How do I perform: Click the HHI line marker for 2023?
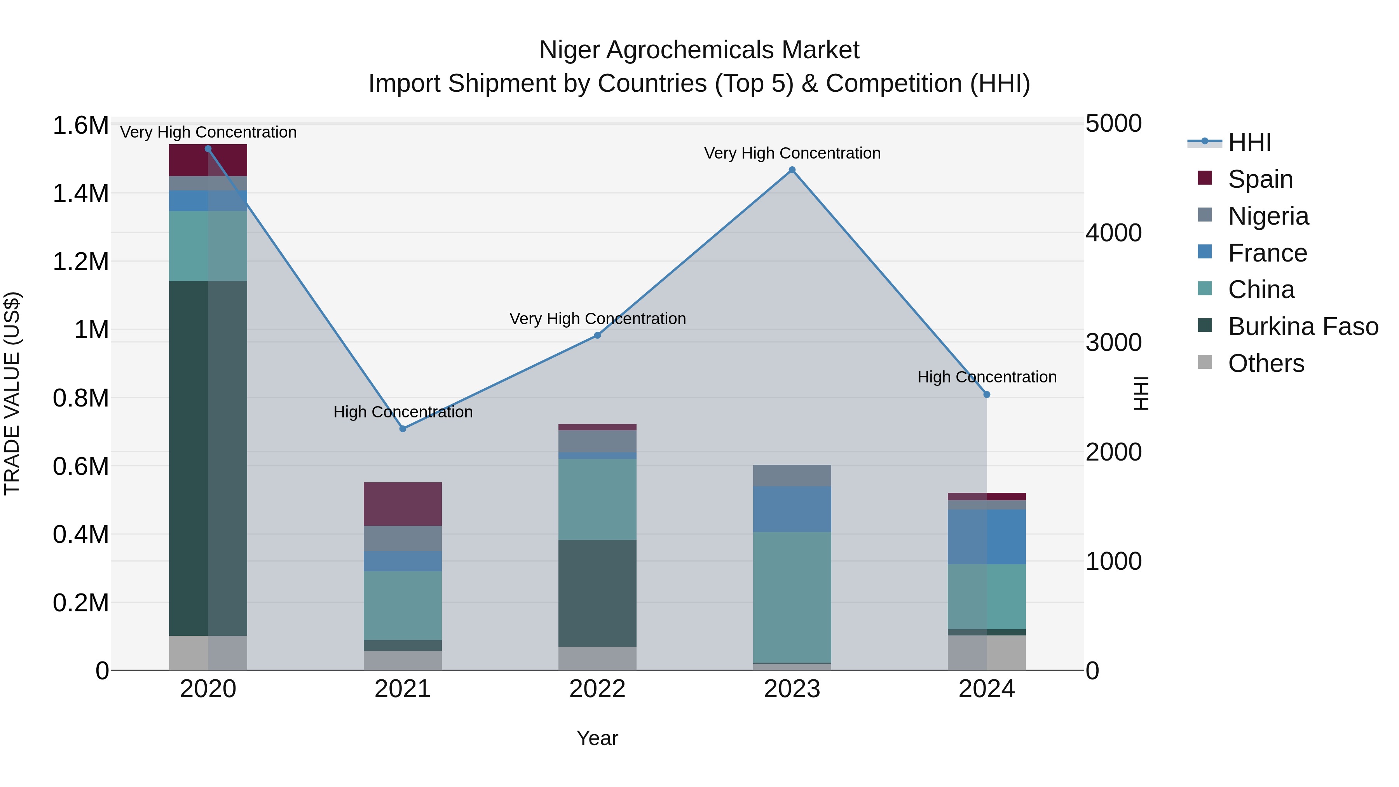click(792, 170)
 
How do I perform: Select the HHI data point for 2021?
click(403, 429)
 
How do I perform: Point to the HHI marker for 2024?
click(987, 394)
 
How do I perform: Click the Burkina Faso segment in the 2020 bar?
click(208, 458)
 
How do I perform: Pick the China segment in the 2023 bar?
click(792, 597)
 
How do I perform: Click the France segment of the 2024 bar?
click(987, 537)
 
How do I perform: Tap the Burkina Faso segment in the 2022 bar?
click(597, 593)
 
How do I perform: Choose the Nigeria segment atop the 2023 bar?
click(792, 475)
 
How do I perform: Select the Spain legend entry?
click(1260, 179)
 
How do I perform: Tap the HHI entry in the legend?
click(1249, 142)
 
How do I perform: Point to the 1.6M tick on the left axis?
click(80, 126)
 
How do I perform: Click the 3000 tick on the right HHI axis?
click(1113, 343)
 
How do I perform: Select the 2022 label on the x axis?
click(597, 689)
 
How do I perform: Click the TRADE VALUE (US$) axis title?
click(12, 393)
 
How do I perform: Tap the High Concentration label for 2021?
click(403, 412)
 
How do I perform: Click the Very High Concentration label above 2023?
click(792, 153)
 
